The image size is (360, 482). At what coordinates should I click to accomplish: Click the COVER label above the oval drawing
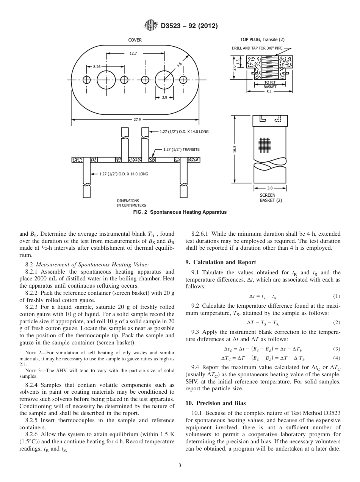(135, 40)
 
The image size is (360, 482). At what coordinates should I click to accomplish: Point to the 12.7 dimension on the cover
(133, 54)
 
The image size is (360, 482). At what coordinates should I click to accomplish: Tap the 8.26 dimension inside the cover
(97, 66)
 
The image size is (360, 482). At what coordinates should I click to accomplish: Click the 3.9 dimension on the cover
(164, 97)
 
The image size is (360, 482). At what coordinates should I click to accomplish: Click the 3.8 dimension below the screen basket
(270, 188)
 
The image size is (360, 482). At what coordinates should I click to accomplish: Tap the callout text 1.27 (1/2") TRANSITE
(181, 149)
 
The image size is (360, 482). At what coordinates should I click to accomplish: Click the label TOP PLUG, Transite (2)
(262, 40)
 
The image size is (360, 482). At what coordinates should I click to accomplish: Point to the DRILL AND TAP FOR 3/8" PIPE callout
(256, 49)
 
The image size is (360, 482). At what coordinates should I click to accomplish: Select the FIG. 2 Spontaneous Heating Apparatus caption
(180, 212)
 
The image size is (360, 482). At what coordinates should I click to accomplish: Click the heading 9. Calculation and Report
(221, 262)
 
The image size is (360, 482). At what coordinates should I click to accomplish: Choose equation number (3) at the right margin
(337, 349)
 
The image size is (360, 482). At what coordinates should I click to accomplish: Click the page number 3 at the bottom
(180, 465)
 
